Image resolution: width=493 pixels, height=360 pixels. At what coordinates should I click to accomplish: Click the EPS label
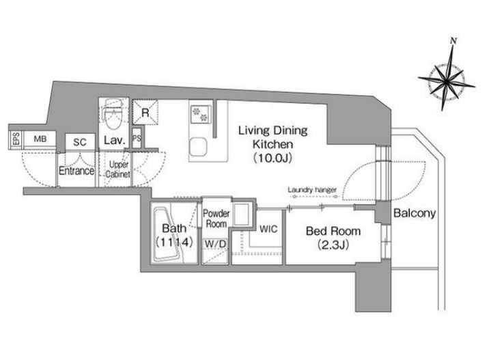(x=16, y=139)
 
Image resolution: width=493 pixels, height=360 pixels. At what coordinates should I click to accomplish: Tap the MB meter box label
(x=40, y=139)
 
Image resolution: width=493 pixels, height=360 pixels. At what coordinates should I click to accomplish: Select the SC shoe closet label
(x=80, y=142)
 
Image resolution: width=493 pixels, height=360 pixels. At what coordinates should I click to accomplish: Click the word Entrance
(x=76, y=171)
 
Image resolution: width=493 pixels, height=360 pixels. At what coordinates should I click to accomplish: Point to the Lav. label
(x=115, y=140)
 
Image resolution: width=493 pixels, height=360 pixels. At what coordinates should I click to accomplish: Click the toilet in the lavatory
(x=113, y=114)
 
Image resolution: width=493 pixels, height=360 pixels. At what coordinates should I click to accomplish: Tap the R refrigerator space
(x=145, y=112)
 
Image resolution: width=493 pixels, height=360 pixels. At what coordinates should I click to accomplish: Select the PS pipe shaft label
(x=137, y=138)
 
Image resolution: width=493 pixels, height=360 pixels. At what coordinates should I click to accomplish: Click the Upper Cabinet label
(x=118, y=169)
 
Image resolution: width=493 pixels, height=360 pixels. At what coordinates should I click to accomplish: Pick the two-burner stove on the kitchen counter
(x=200, y=114)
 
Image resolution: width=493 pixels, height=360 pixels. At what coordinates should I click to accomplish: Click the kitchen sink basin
(x=198, y=147)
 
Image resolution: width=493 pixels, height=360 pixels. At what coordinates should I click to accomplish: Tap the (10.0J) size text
(x=273, y=158)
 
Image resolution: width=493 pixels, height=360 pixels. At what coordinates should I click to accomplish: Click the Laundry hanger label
(x=312, y=190)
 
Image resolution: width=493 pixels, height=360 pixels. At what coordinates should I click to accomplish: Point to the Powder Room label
(x=216, y=219)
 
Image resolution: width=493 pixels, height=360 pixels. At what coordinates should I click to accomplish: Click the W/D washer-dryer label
(x=215, y=244)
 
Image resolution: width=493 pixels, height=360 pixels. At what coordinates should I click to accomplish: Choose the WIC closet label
(x=268, y=229)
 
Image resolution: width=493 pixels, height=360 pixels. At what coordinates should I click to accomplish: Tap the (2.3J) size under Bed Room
(x=333, y=245)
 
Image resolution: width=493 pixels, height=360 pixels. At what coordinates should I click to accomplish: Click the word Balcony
(x=414, y=214)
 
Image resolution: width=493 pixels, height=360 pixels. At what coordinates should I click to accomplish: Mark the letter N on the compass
(x=453, y=40)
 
